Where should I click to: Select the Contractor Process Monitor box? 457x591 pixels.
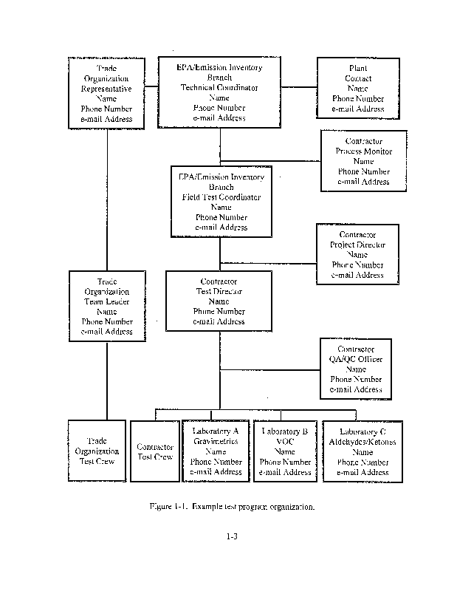(x=363, y=161)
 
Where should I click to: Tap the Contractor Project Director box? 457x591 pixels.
(x=357, y=254)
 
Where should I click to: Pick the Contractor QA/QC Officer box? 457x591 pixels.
(x=356, y=369)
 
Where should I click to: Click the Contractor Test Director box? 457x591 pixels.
(x=219, y=301)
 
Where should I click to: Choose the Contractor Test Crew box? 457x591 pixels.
(x=154, y=451)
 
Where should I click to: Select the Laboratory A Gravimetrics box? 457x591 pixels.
(x=216, y=451)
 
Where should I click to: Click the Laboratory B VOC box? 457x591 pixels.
(x=285, y=451)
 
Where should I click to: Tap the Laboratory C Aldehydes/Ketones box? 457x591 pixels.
(x=362, y=451)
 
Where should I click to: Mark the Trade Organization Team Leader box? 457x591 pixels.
(x=107, y=307)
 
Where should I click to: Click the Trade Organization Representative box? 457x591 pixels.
(x=106, y=93)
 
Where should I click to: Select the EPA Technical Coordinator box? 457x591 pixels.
(x=219, y=92)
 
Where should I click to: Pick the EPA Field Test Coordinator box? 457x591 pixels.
(x=221, y=202)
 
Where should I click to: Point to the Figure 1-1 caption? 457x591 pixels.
(x=231, y=507)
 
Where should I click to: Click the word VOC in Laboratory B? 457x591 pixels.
(x=284, y=442)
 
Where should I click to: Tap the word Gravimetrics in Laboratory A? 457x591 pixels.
(x=216, y=442)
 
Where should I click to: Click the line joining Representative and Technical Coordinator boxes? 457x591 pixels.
(x=151, y=86)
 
